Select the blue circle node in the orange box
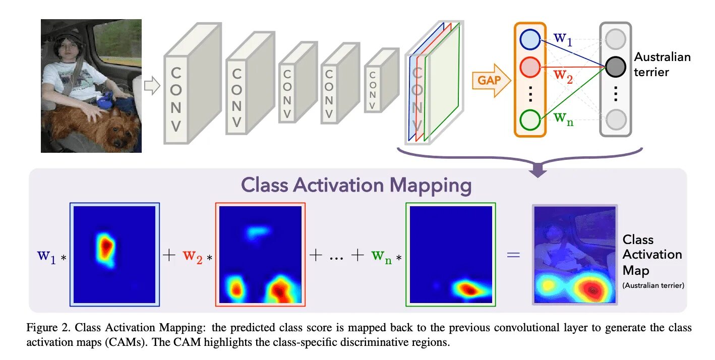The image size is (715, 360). tap(529, 40)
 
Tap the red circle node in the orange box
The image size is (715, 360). tap(529, 67)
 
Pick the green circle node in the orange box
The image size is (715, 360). tap(529, 120)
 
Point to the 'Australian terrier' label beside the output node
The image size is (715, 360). tap(662, 65)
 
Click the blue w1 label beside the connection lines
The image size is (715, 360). tap(563, 38)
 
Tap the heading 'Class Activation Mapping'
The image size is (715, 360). tap(356, 186)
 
